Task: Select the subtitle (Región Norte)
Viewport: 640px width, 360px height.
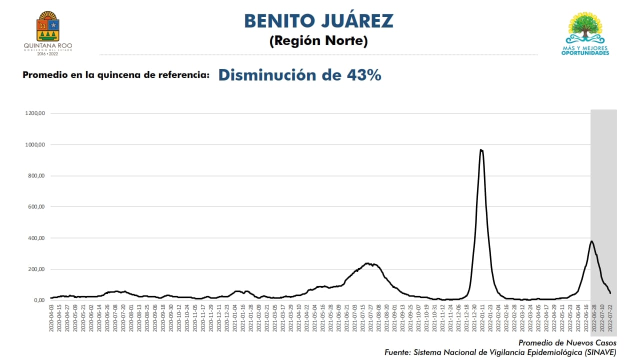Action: pos(318,41)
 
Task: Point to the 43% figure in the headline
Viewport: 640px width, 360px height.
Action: pos(363,75)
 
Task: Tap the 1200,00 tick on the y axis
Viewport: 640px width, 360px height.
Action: pos(35,113)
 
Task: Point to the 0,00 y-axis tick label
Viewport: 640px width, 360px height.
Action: pos(38,300)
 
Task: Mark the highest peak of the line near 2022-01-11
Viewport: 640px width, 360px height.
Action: pos(481,149)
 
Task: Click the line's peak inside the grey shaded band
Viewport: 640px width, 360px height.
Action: pos(592,241)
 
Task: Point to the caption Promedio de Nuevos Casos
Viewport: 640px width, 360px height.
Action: pos(567,343)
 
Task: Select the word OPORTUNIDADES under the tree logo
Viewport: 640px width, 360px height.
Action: pos(585,52)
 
